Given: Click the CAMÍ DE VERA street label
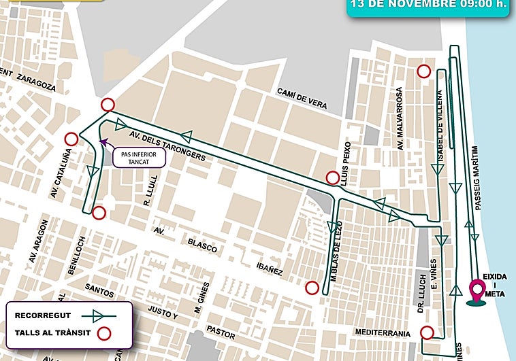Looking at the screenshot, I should tap(301, 99).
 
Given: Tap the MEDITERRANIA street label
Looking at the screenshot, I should tap(382, 333).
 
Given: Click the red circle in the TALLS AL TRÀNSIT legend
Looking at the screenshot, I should tap(103, 333).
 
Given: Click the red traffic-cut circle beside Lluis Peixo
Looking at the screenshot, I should tap(332, 177).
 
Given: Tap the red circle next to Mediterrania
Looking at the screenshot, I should tap(426, 332).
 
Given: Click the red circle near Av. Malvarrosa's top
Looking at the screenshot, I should tap(423, 71).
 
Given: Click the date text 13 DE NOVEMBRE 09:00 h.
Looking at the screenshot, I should tap(428, 4).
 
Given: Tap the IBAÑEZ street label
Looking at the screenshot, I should tap(270, 270).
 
